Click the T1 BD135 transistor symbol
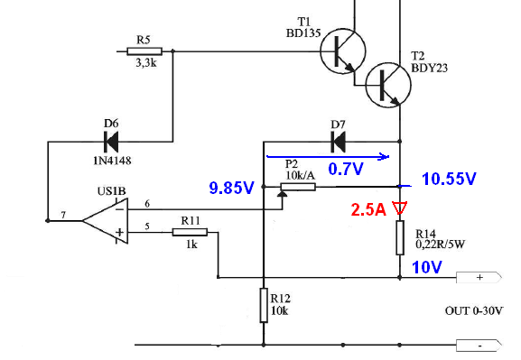coord(343,51)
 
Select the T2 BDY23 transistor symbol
coord(388,85)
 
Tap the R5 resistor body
coord(144,51)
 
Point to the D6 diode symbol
coord(111,142)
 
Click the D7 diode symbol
coord(339,142)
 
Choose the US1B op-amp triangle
coord(106,221)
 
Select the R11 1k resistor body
coord(190,232)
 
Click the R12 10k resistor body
coord(264,305)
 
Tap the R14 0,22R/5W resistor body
coord(400,237)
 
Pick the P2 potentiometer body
coord(298,187)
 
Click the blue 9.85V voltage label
coord(231,188)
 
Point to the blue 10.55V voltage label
coord(449,179)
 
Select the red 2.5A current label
coord(368,210)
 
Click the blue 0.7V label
coord(346,169)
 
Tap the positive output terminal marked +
coord(479,277)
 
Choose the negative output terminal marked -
coord(479,346)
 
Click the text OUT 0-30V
coord(474,311)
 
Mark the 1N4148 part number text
coord(112,161)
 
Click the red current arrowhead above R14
coord(400,208)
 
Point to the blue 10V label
coord(427,267)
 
